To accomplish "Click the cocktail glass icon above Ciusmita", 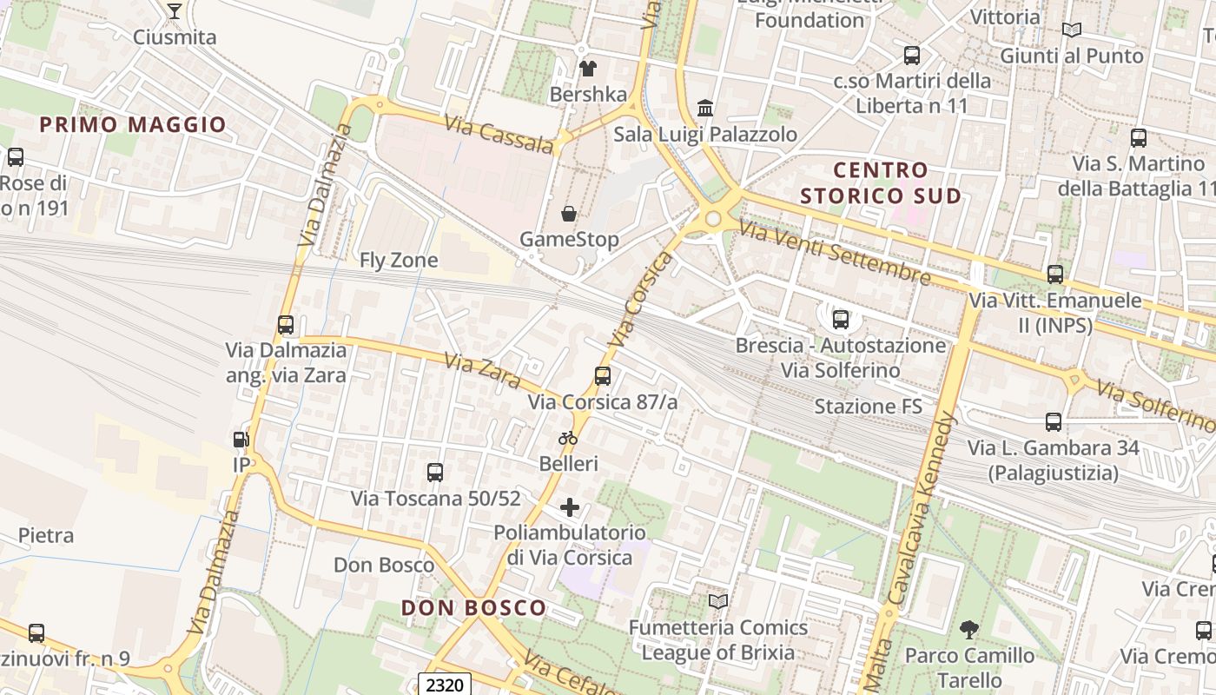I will pos(174,11).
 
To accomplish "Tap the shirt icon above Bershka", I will pos(588,68).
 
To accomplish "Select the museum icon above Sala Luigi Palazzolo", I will pos(705,109).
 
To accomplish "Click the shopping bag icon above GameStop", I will pos(569,214).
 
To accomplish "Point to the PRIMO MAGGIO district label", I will pos(133,124).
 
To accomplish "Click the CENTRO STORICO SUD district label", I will pos(881,182).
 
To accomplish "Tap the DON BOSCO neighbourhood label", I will pos(473,608).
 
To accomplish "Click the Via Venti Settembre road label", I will pos(834,253).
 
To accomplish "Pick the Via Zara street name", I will pos(482,371).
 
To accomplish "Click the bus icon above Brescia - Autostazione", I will pos(840,319).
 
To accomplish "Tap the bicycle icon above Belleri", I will pos(568,438).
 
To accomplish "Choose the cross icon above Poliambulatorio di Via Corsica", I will pos(570,507).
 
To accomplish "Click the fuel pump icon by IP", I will pos(241,440).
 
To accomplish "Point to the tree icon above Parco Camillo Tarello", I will pos(969,630).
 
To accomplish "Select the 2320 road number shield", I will pos(445,685).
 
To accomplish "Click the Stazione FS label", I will pos(867,406).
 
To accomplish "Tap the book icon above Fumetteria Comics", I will pos(717,601).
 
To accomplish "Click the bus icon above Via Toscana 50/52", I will pos(435,473).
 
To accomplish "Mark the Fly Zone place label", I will pos(399,260).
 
